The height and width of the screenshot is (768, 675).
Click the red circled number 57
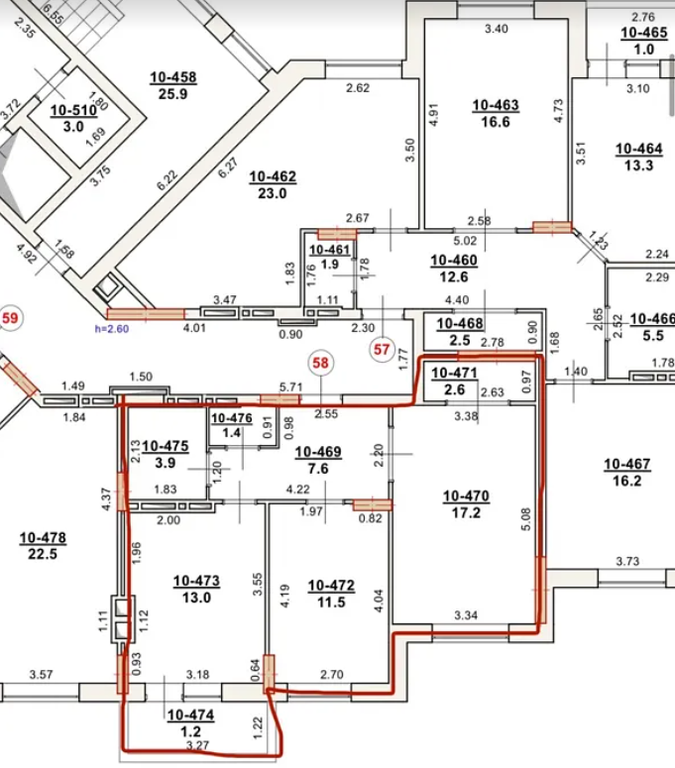[x=382, y=349]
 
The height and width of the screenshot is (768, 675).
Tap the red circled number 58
[x=320, y=363]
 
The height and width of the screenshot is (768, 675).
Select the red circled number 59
[x=10, y=318]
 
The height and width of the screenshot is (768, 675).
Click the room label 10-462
[x=273, y=176]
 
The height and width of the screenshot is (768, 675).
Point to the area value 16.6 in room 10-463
[x=496, y=122]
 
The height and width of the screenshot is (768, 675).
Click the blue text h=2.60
[x=112, y=329]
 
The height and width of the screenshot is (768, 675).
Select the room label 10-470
[x=466, y=496]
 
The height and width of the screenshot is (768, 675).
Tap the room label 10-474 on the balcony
[x=190, y=715]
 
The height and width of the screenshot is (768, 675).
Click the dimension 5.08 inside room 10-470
[x=525, y=519]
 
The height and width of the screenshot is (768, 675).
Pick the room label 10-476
[x=232, y=418]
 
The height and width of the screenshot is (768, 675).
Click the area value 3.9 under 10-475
[x=166, y=463]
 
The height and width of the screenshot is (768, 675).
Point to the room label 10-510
[x=73, y=110]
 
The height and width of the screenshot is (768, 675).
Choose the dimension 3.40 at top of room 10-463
[x=497, y=29]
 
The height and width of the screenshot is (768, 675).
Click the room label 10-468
[x=460, y=323]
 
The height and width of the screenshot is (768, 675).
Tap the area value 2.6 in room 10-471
[x=455, y=389]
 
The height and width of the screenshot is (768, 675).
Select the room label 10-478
[x=43, y=538]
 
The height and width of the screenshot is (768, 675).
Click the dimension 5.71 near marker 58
[x=291, y=386]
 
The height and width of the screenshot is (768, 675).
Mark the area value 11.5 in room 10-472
[x=331, y=602]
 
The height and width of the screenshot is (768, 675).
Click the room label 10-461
[x=330, y=250]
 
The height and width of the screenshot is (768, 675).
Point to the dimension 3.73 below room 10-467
[x=627, y=561]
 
